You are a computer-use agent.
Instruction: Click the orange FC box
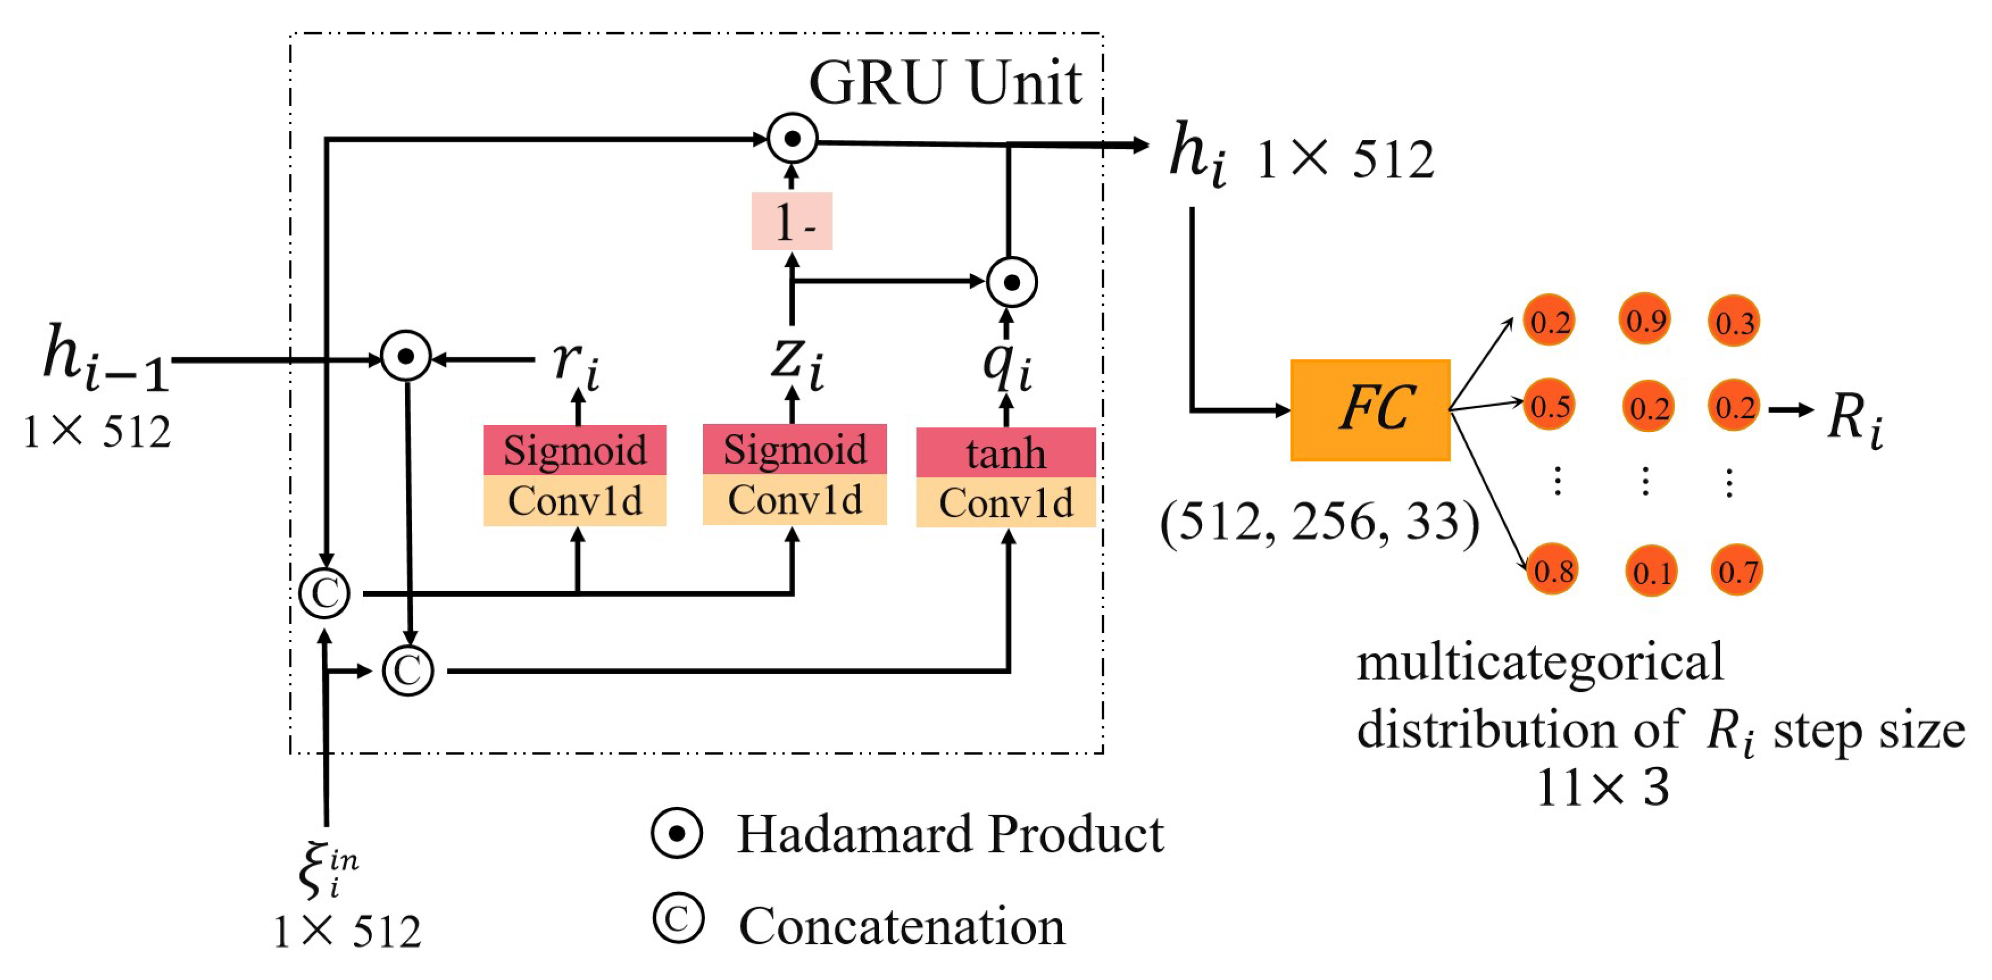coord(1370,410)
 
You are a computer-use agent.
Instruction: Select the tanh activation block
coord(1005,452)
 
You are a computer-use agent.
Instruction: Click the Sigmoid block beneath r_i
coord(574,450)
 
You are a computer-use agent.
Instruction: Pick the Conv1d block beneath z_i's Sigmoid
coord(794,500)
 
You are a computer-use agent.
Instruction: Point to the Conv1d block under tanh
coord(1005,502)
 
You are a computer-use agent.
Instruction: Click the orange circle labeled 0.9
coord(1645,319)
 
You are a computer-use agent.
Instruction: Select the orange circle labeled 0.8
coord(1552,570)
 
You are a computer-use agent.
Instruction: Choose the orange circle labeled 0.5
coord(1550,405)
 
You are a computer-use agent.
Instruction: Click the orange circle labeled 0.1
coord(1651,572)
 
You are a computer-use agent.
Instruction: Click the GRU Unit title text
coord(944,83)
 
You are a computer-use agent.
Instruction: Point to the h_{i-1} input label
coord(104,357)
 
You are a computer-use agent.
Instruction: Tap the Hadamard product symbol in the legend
coord(677,833)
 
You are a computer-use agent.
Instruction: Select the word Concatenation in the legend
coord(902,926)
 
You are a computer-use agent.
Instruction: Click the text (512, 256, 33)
coord(1319,523)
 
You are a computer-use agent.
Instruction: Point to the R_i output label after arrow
coord(1854,420)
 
